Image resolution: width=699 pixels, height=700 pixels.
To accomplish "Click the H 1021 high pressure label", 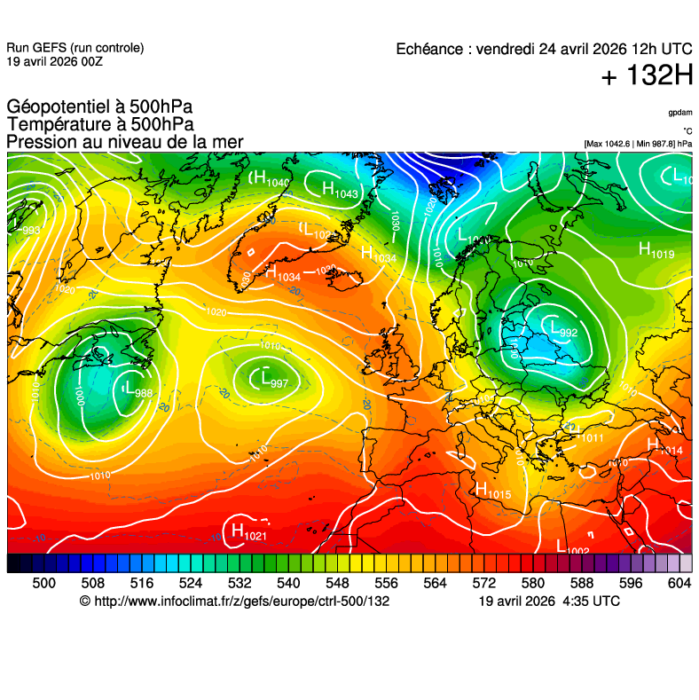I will (x=248, y=532).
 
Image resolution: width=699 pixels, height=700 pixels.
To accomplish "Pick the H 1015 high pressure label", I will (x=493, y=489).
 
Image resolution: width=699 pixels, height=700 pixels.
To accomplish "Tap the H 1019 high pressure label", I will (x=656, y=252).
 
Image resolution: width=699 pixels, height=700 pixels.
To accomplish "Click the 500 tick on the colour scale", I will (x=43, y=583).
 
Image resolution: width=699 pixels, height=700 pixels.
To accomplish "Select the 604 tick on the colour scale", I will (x=679, y=583).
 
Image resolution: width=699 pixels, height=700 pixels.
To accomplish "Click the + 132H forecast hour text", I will (x=647, y=76).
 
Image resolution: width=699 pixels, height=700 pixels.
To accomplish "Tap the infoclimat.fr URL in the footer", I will (x=234, y=602).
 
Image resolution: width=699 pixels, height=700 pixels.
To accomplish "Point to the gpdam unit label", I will (x=680, y=114).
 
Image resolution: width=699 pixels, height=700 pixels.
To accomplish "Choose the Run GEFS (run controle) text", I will (x=75, y=48).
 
